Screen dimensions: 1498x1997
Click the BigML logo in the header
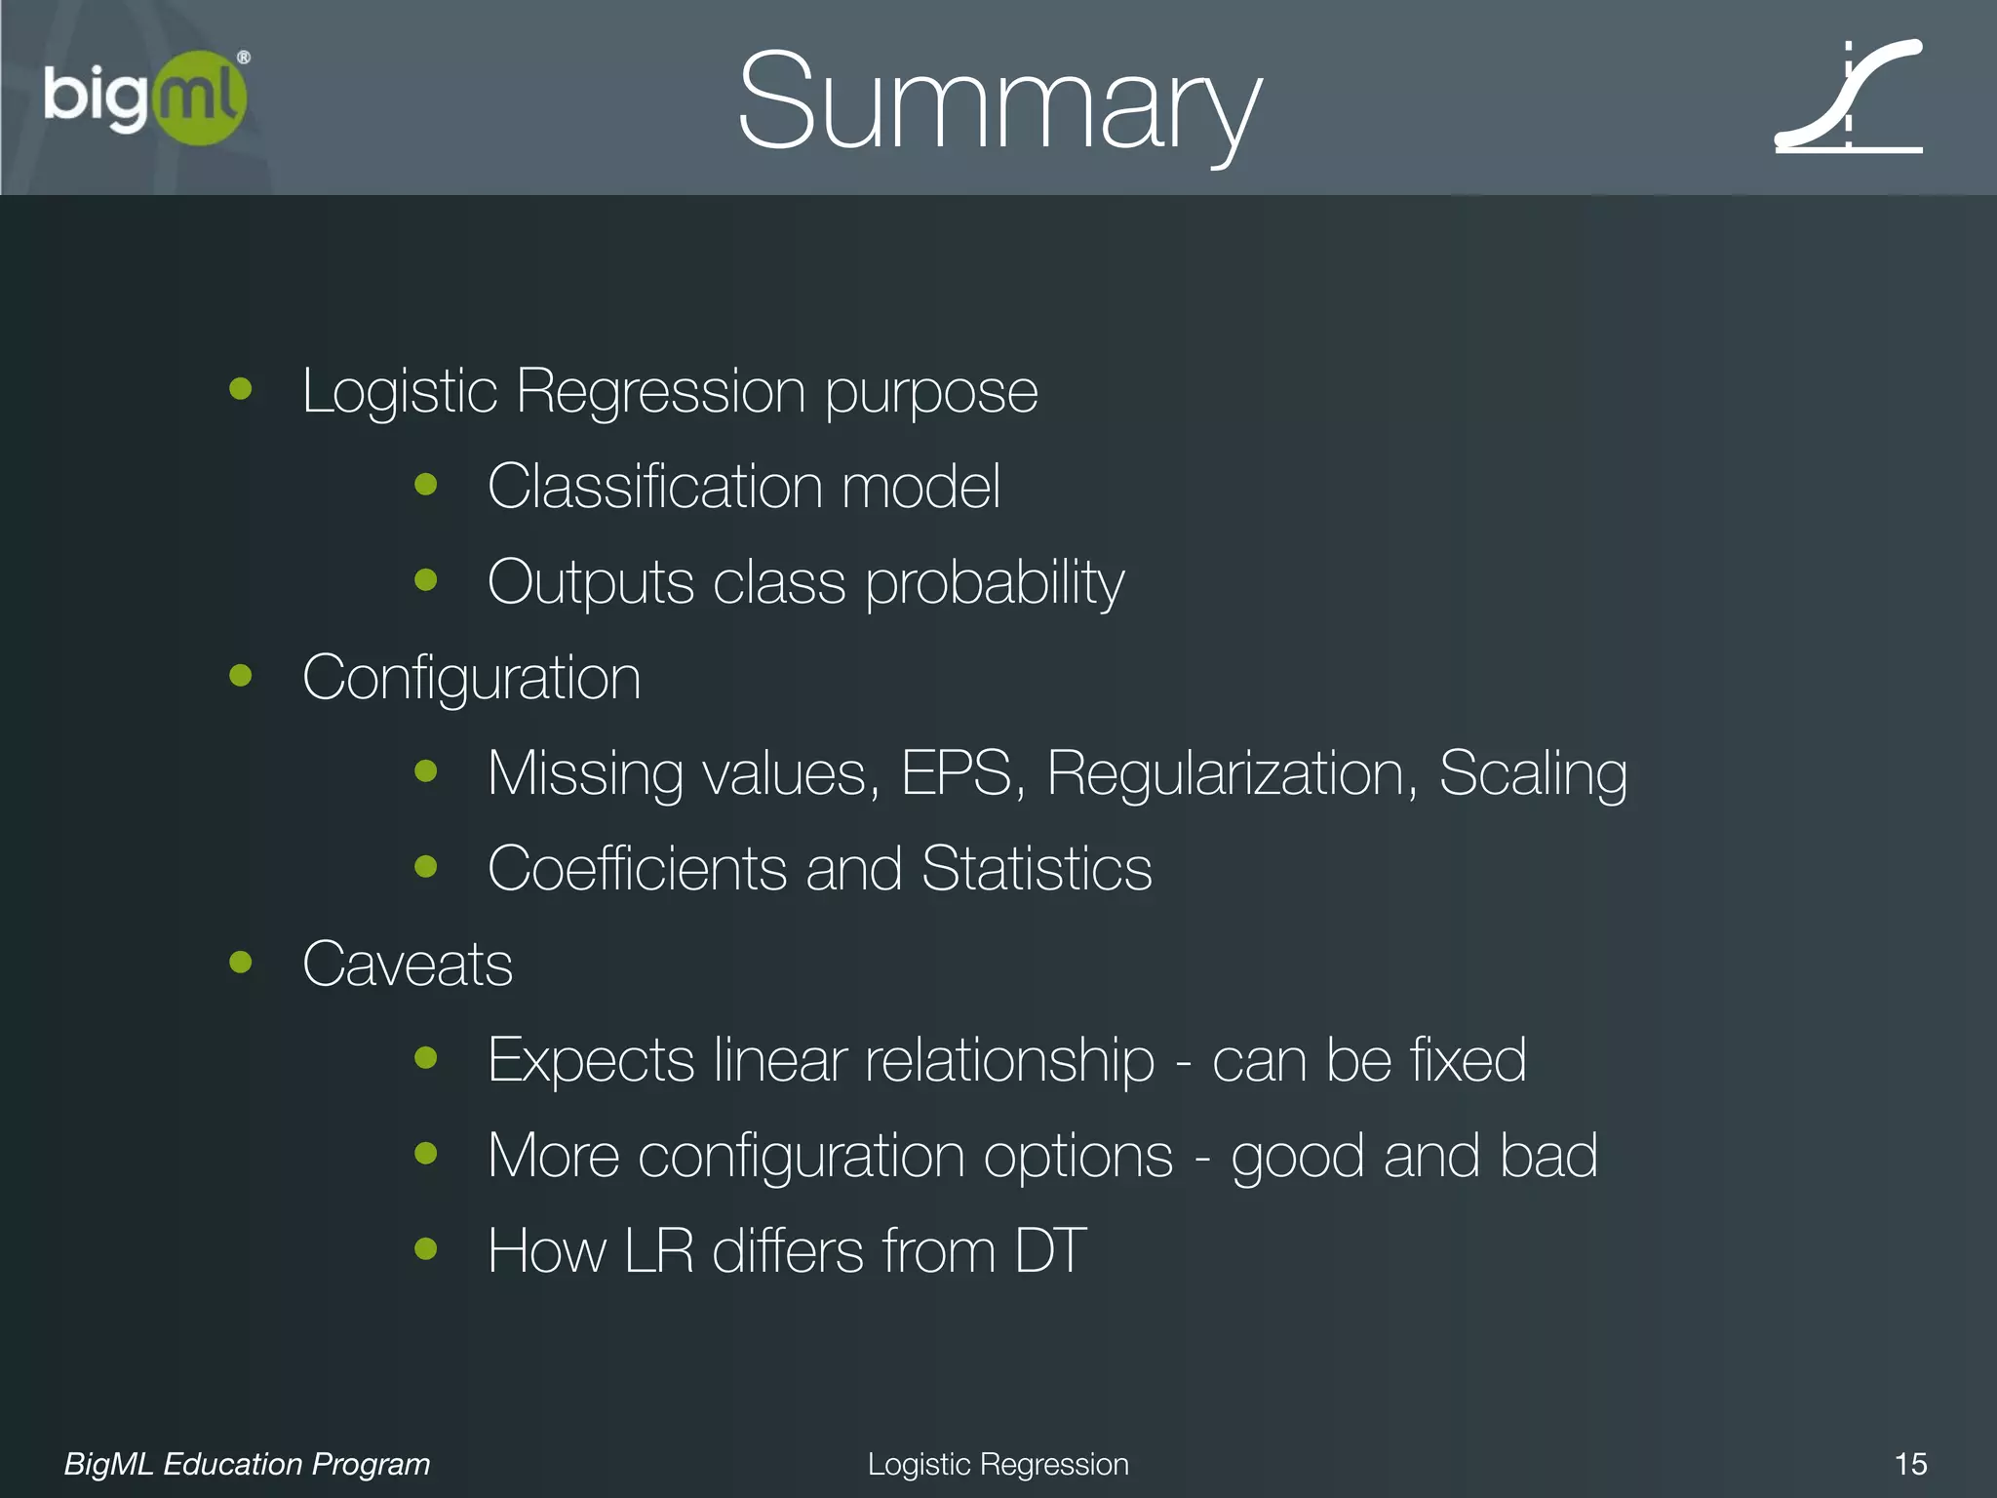coord(146,98)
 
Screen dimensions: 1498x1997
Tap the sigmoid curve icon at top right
coord(1849,98)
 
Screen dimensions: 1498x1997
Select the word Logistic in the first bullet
coord(400,392)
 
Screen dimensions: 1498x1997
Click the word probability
coord(995,583)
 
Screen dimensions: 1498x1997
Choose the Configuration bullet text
coord(472,678)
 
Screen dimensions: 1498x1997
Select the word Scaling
coord(1533,773)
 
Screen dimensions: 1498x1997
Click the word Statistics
coord(1037,868)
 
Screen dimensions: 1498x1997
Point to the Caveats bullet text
coord(408,965)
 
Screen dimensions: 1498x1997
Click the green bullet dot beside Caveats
coord(240,963)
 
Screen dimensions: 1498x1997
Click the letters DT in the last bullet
coord(1050,1250)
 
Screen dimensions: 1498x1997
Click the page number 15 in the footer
coord(1910,1464)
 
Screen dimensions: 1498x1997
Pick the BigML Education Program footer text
coord(247,1464)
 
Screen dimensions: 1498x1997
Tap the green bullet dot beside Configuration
coord(240,675)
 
